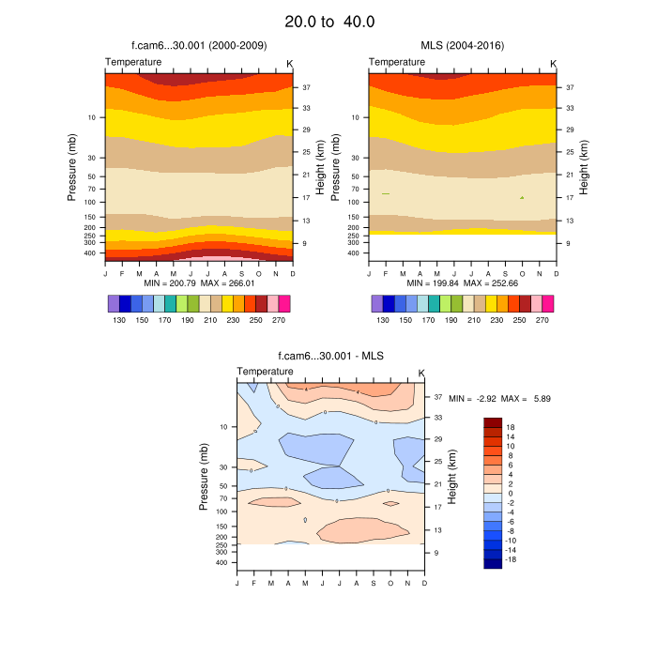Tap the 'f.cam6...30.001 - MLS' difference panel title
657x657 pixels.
point(329,356)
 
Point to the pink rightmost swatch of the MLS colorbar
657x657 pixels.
point(547,303)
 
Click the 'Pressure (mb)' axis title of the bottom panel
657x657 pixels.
point(205,477)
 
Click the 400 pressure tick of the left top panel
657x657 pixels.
point(90,252)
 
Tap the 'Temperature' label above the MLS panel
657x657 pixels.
point(396,62)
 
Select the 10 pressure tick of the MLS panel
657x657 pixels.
point(356,117)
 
